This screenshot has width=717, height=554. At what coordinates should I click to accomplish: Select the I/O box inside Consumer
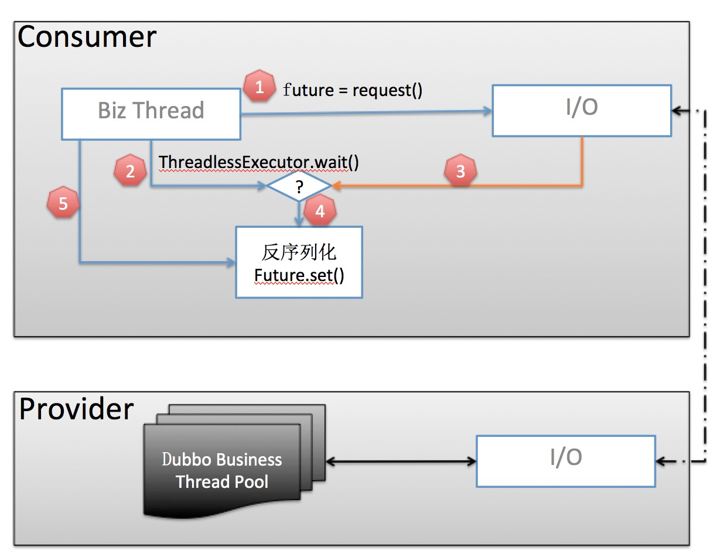click(x=581, y=110)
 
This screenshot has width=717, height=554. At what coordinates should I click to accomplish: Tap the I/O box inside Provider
click(x=565, y=460)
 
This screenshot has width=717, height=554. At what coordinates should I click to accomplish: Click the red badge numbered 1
click(x=260, y=88)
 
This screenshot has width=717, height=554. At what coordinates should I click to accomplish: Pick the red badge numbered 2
click(x=130, y=171)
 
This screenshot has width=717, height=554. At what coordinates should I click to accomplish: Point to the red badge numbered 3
click(x=460, y=171)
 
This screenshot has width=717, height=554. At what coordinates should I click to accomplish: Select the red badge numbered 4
click(x=319, y=211)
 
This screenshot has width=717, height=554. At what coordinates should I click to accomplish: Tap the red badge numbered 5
click(x=63, y=204)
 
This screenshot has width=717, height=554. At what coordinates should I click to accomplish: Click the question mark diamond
click(x=299, y=187)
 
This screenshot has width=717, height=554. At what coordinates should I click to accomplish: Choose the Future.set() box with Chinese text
click(x=299, y=262)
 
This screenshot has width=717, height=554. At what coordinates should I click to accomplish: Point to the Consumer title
click(x=87, y=37)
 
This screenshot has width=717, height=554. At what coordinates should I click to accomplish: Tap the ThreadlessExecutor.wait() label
click(x=258, y=161)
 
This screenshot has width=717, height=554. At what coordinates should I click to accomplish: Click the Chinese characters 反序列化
click(x=299, y=252)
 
